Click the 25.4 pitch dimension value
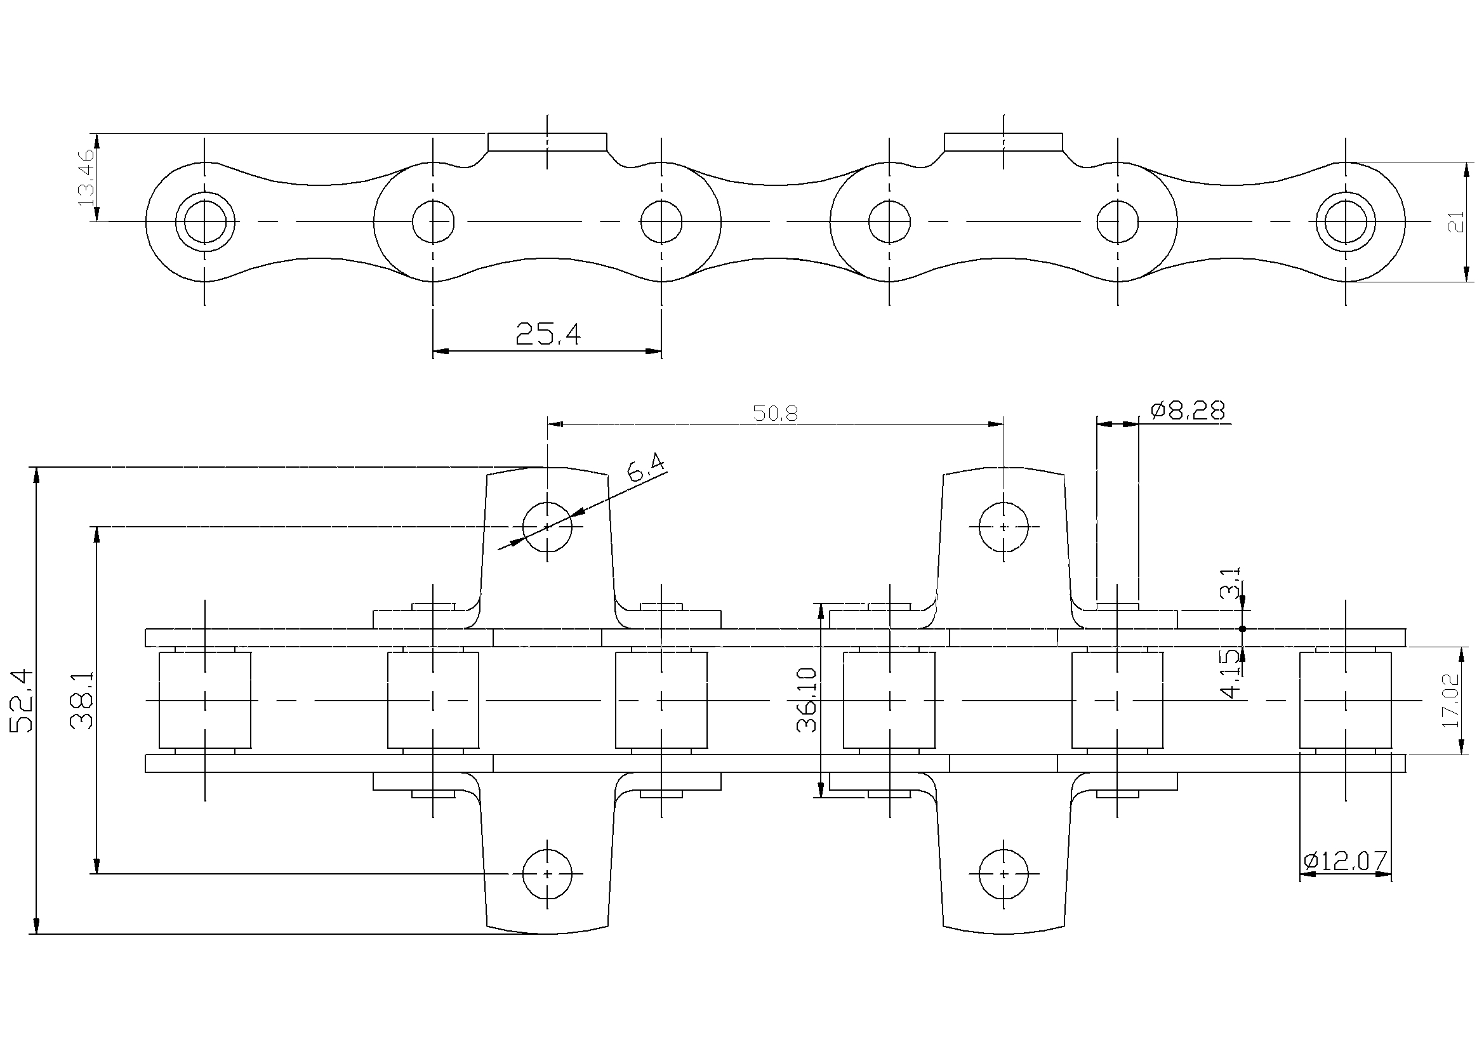[548, 334]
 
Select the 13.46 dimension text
[86, 177]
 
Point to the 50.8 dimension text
[775, 414]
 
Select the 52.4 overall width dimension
[22, 701]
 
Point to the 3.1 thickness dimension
[1230, 584]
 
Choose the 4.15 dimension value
[1231, 673]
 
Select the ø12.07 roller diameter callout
[1345, 861]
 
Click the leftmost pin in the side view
[205, 221]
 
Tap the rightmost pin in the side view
[1346, 221]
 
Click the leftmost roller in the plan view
[205, 701]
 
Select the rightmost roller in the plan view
[1346, 701]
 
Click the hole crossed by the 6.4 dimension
[547, 527]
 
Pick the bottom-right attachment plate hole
[1003, 874]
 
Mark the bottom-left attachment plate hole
[547, 874]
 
